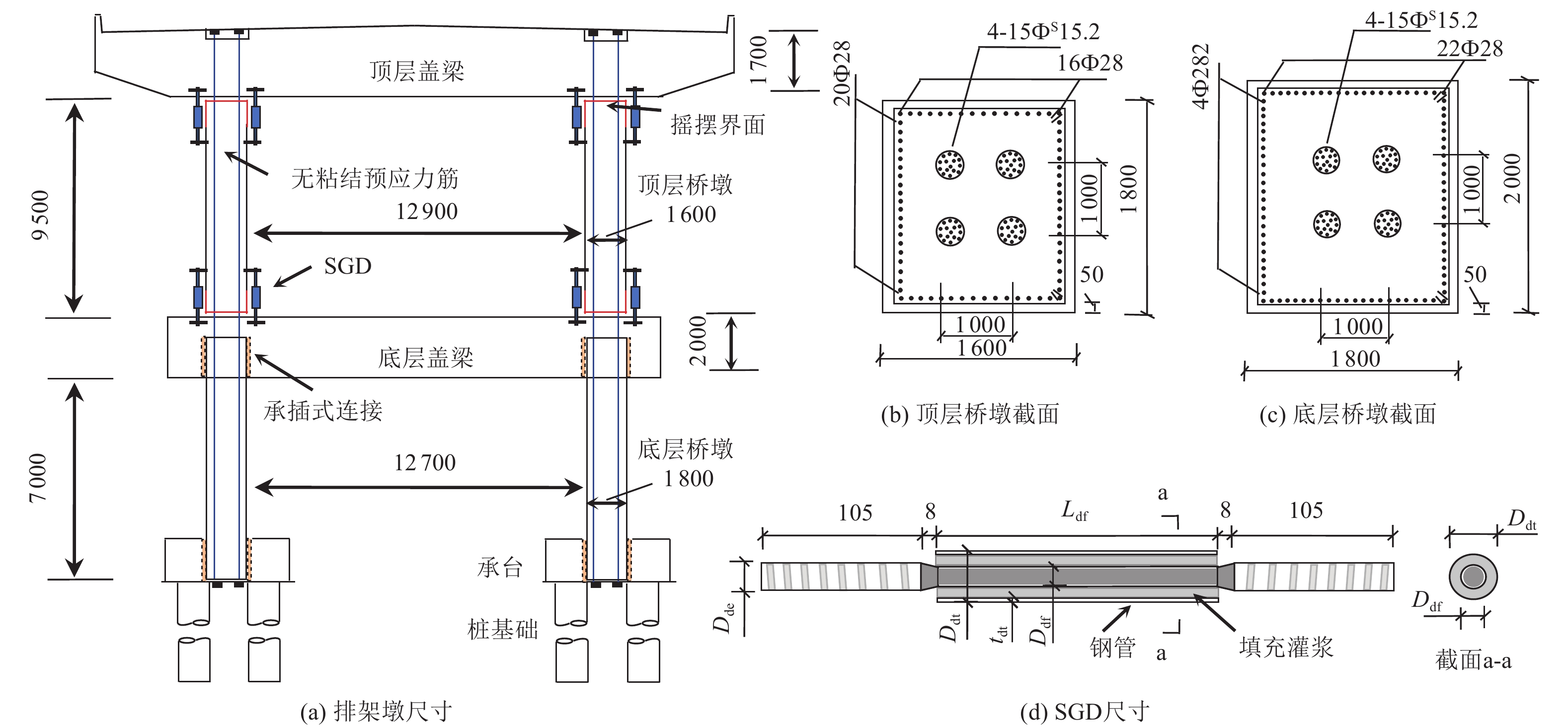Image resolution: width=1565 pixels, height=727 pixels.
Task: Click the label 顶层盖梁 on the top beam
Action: coord(417,71)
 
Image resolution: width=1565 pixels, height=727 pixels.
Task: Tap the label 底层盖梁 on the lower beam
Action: coord(425,358)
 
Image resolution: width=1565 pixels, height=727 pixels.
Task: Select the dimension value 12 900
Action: coord(426,212)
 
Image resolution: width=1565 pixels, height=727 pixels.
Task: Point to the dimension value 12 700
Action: coord(425,463)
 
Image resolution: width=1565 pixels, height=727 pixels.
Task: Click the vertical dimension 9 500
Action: coord(41,215)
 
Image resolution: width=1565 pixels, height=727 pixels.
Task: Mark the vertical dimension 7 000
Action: coord(38,478)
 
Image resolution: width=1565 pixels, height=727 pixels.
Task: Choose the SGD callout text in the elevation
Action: coord(347,266)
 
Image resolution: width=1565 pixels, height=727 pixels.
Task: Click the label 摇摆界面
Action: coord(717,125)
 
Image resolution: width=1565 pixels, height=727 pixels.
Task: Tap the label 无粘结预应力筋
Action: coord(374,179)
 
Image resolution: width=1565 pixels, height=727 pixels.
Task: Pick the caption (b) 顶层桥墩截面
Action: coord(970,414)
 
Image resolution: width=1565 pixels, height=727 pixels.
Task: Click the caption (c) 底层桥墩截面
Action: coord(1347,414)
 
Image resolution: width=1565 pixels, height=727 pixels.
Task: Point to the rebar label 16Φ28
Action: coord(1090,63)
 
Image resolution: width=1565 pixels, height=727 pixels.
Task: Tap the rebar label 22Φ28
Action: coord(1469,49)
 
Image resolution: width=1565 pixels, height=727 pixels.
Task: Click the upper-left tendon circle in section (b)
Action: coord(949,164)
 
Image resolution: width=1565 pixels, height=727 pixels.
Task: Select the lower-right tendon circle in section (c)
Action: coord(1388,223)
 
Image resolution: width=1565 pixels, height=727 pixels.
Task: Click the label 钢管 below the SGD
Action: coord(1112,648)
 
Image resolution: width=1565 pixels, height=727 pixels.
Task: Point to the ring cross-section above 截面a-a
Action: coord(1473,577)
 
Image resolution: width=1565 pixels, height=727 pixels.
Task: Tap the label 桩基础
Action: coord(502,630)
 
